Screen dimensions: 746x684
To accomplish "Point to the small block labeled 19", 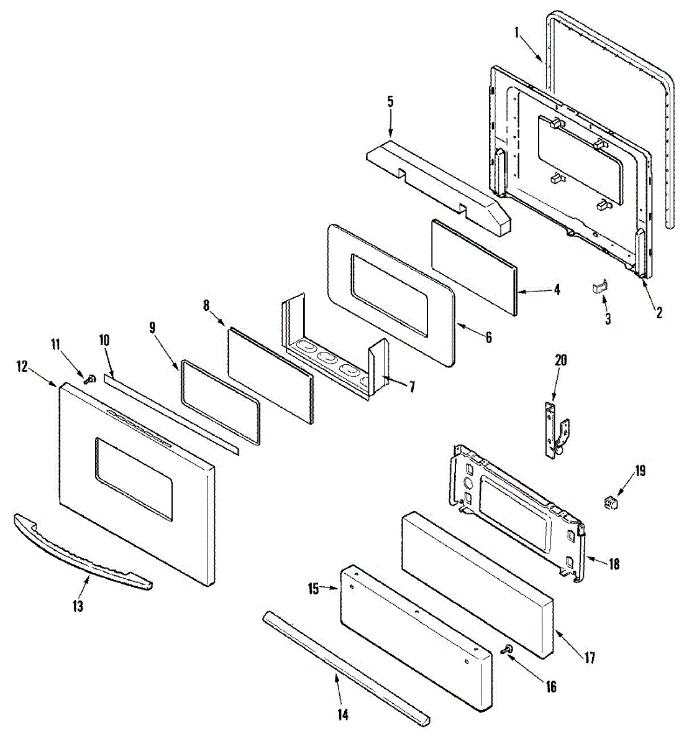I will (611, 500).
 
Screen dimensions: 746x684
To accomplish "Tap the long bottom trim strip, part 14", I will (345, 665).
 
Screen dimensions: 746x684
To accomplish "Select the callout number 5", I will (390, 102).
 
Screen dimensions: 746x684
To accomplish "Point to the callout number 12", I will (22, 367).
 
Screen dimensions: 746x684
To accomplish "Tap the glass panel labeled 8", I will (270, 376).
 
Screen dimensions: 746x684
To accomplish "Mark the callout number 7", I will (411, 387).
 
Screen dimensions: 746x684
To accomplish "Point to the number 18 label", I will (614, 564).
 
